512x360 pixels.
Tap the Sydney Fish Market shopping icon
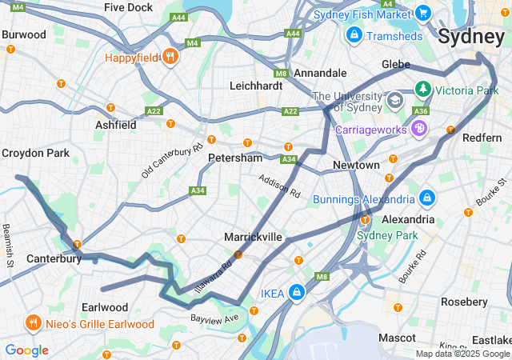(x=424, y=14)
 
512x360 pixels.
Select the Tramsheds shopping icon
(x=354, y=35)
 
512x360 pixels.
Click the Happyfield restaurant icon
(x=170, y=57)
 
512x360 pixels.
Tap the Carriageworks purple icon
(x=420, y=127)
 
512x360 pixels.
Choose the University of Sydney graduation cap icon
(x=394, y=102)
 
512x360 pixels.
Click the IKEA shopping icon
(x=297, y=293)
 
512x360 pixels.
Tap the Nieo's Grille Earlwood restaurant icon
(x=33, y=323)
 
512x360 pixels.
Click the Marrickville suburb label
(x=253, y=237)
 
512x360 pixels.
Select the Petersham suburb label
(x=235, y=158)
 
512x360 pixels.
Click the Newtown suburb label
(x=356, y=165)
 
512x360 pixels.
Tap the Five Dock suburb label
(x=128, y=7)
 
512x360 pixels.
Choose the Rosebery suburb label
(x=464, y=302)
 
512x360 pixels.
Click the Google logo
(x=26, y=350)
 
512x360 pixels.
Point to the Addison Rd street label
(x=279, y=187)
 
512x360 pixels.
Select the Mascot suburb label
(x=397, y=338)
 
